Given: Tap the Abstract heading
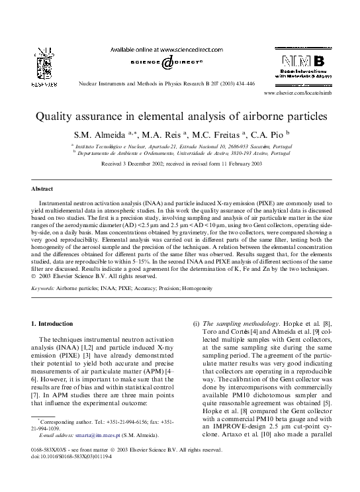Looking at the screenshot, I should [44, 189].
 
